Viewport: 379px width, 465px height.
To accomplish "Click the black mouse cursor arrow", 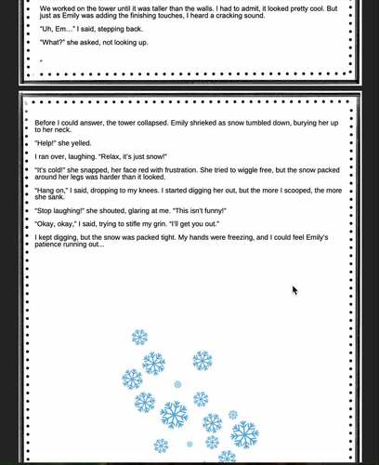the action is [295, 291].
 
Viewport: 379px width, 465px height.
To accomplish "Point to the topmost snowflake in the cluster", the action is [139, 337].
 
